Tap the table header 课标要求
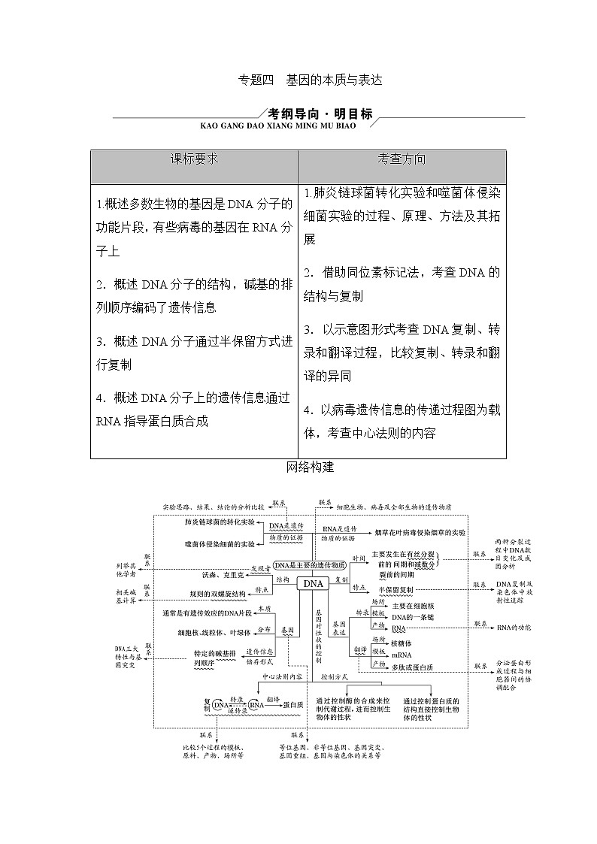pyautogui.click(x=194, y=159)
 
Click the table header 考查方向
pyautogui.click(x=402, y=159)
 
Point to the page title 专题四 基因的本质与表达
pyautogui.click(x=310, y=80)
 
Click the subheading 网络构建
pyautogui.click(x=310, y=467)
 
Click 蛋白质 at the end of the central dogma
pyautogui.click(x=293, y=704)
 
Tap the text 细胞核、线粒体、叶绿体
pyautogui.click(x=211, y=633)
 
